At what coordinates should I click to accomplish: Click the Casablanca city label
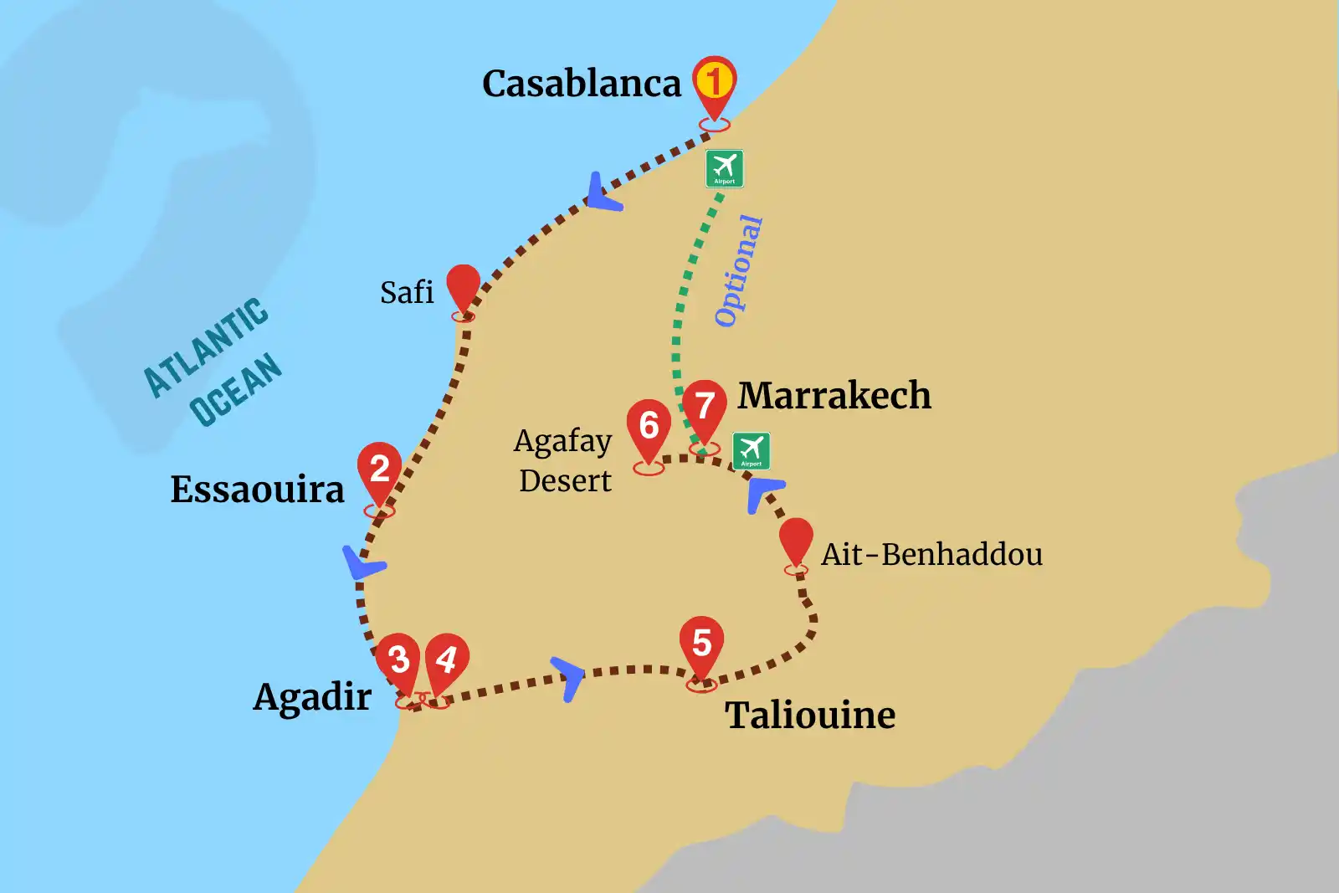582,84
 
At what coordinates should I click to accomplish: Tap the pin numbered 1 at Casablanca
714,82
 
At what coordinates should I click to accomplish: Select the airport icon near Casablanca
724,168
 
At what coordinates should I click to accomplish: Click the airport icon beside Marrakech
751,451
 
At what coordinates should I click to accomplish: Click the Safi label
407,293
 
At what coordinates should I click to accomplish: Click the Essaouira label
257,490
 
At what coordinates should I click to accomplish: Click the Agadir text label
312,696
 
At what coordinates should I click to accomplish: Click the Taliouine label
810,716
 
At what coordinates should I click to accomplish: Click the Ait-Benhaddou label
931,554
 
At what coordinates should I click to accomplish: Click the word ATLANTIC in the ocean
206,346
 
